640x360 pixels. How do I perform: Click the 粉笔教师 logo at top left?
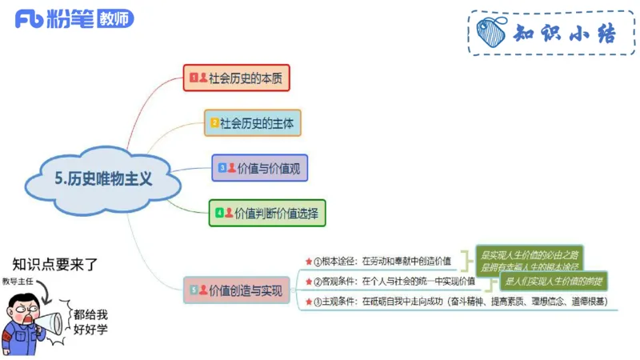[74, 19]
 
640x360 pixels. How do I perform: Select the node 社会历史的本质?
[235, 78]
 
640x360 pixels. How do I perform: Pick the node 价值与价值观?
[259, 168]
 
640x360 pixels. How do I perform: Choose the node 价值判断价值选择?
[267, 213]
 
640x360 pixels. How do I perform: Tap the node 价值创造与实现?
[237, 290]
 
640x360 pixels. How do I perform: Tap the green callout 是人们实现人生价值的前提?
[553, 281]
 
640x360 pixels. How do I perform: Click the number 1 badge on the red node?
[193, 78]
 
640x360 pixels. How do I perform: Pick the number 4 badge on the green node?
[219, 213]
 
